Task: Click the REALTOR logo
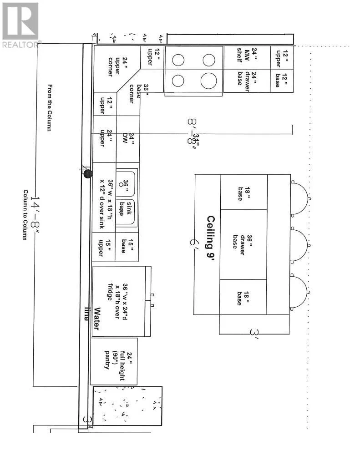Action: pyautogui.click(x=20, y=25)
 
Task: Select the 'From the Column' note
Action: pyautogui.click(x=50, y=108)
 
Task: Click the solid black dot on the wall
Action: pyautogui.click(x=88, y=173)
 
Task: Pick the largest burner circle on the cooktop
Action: pyautogui.click(x=208, y=81)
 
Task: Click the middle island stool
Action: pyautogui.click(x=299, y=244)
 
